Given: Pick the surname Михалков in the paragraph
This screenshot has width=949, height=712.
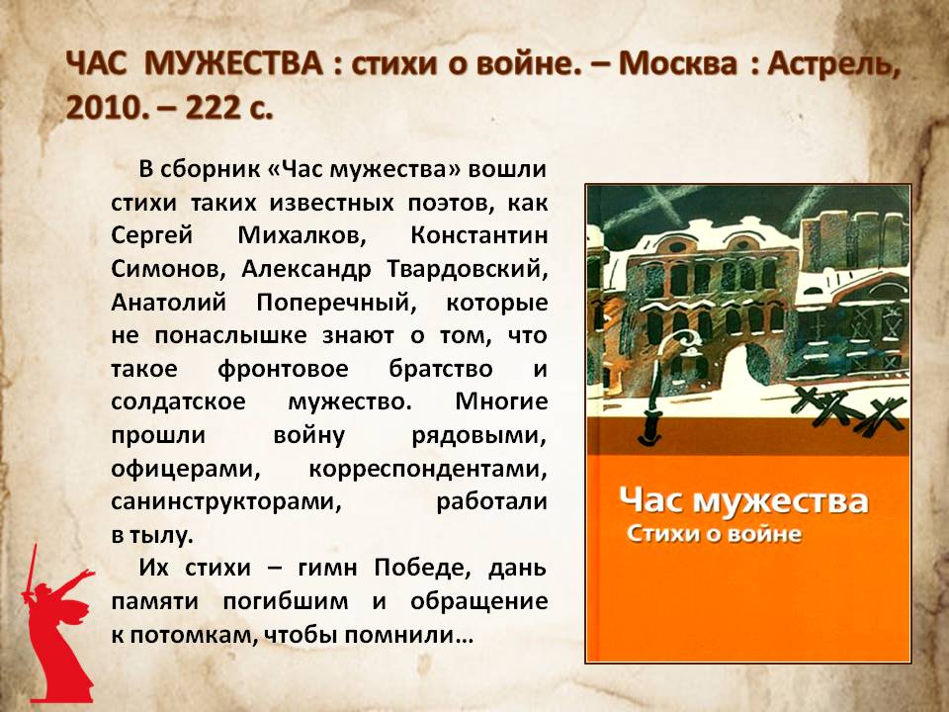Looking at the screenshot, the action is coord(302,235).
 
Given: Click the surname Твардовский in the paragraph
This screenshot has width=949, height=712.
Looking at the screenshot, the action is coord(467,268).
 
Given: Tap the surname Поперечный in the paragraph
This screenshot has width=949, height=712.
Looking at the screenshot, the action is coord(336,302).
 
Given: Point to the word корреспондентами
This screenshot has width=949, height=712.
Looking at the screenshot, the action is coord(428,469).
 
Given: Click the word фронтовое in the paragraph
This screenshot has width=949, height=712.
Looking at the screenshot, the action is coord(284,369).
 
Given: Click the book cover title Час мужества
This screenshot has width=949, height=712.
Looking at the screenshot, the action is coord(743,500).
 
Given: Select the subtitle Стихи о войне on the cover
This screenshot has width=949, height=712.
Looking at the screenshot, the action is coord(714,533).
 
